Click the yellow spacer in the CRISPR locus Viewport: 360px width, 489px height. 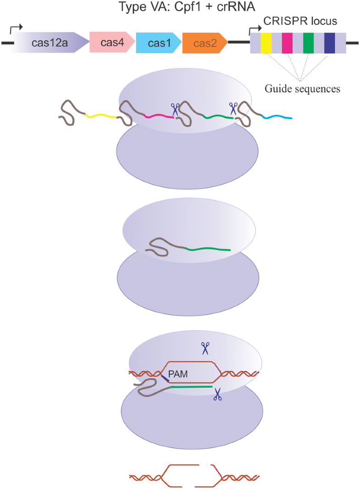266,44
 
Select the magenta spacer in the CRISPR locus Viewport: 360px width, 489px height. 288,44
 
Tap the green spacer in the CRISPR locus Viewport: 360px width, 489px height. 308,44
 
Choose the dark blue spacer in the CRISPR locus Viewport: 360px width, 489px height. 329,44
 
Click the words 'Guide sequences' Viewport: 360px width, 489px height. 302,88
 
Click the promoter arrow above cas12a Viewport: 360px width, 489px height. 16,29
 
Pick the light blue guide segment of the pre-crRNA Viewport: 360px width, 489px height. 277,117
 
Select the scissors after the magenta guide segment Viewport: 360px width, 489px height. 175,109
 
